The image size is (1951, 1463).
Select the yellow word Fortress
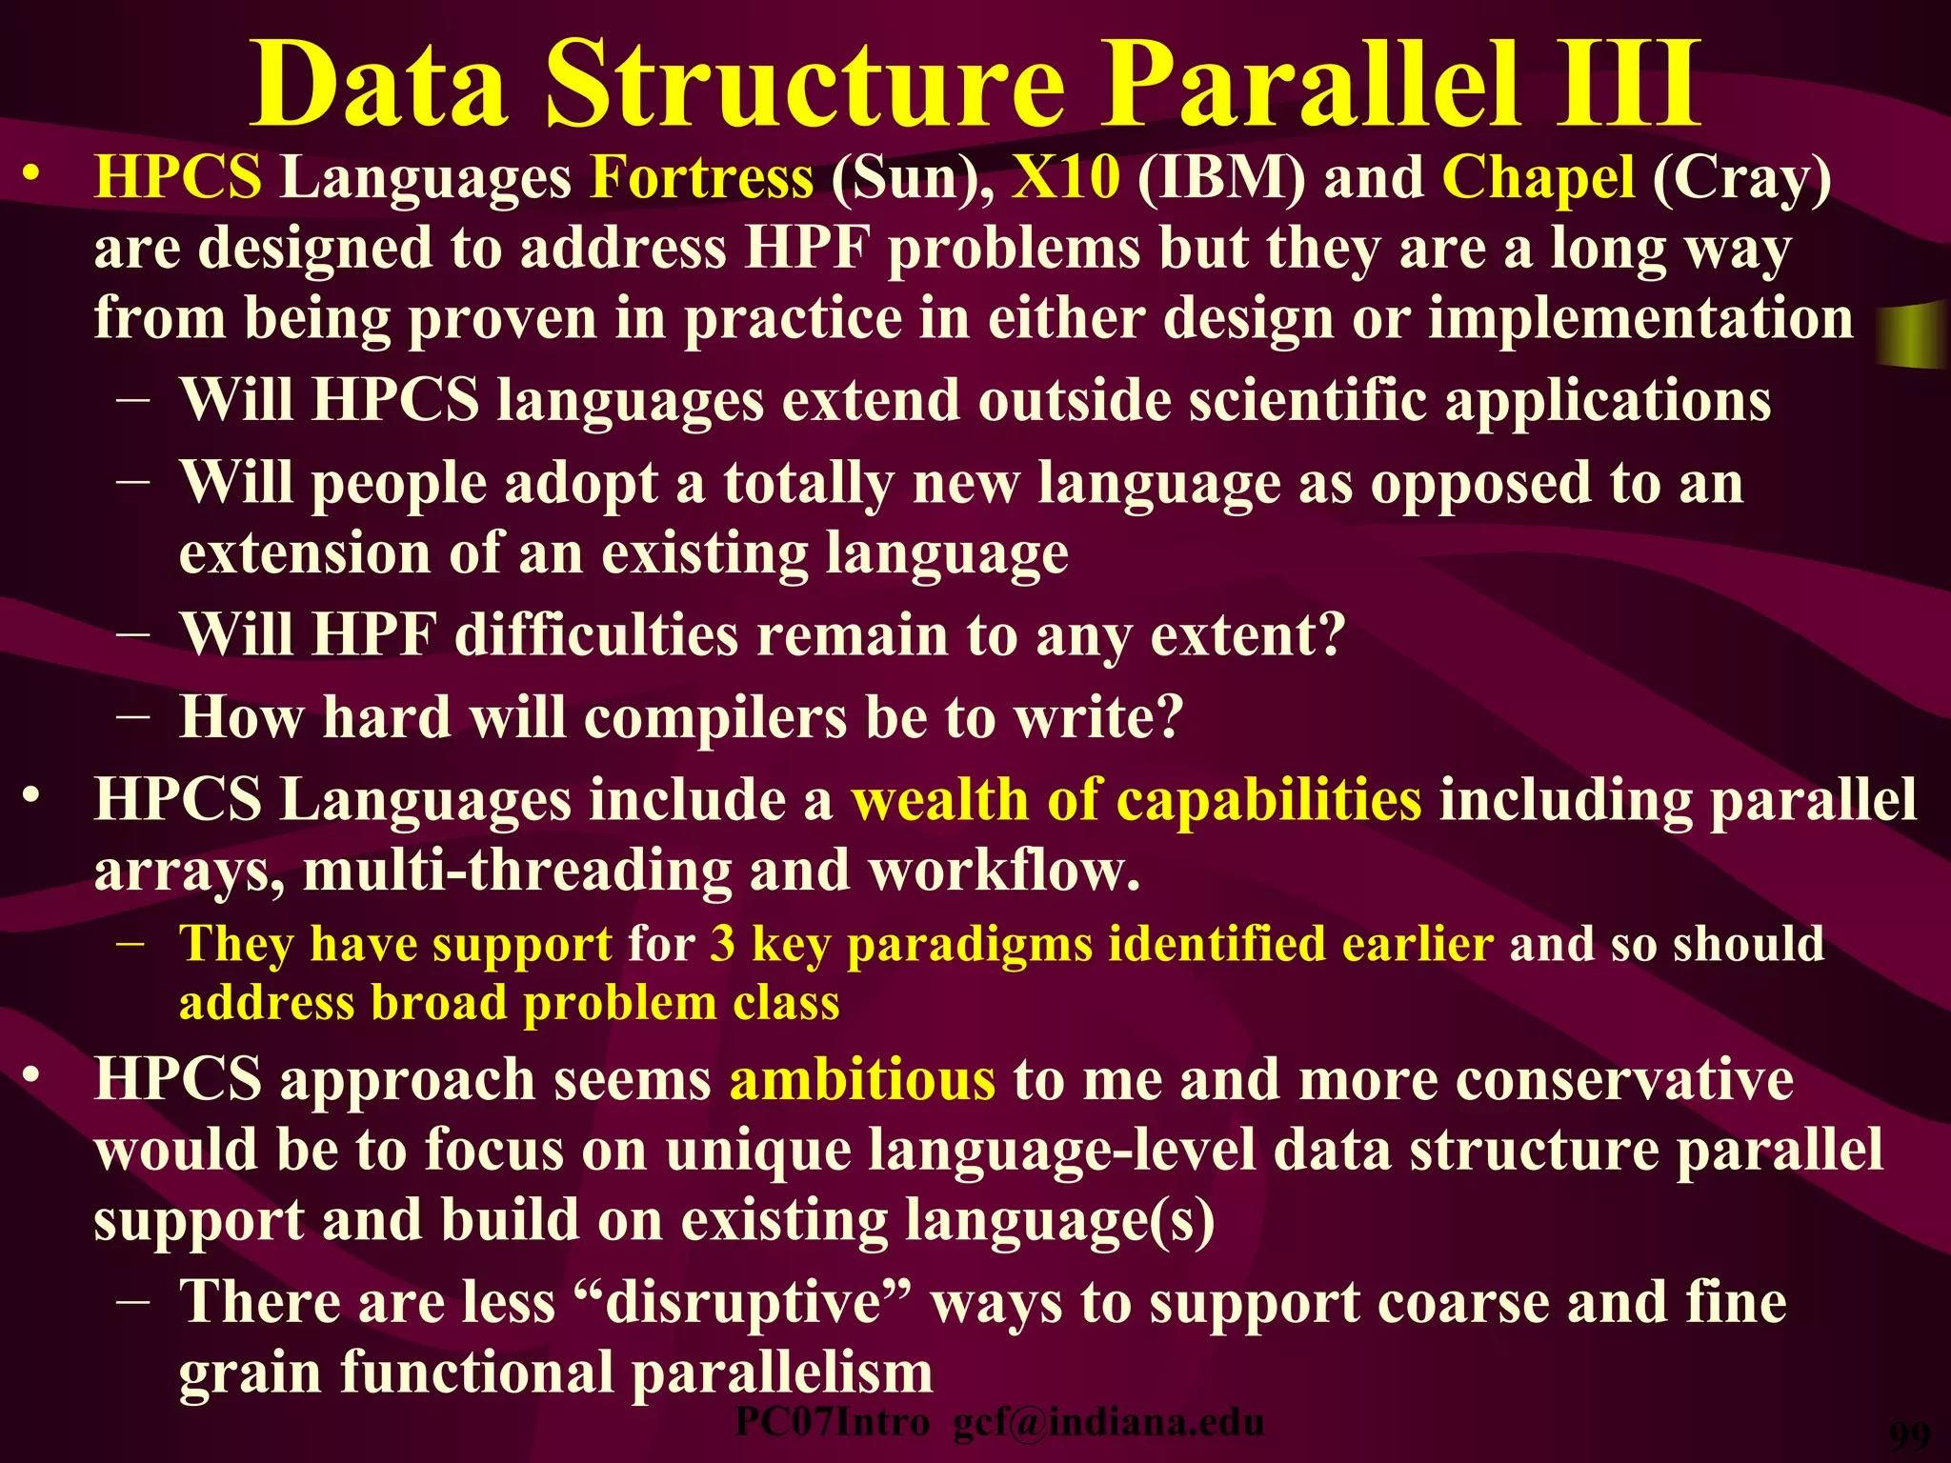tap(702, 177)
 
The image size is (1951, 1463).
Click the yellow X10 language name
tap(1066, 177)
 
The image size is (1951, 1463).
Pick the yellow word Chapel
tap(1539, 177)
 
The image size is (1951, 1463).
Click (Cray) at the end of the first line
tap(1741, 177)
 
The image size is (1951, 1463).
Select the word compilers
tap(715, 716)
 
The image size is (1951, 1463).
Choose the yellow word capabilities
tap(1269, 801)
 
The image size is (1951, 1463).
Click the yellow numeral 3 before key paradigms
tap(723, 944)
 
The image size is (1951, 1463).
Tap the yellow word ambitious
tap(863, 1080)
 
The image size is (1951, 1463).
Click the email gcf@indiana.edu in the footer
tap(1109, 1423)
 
